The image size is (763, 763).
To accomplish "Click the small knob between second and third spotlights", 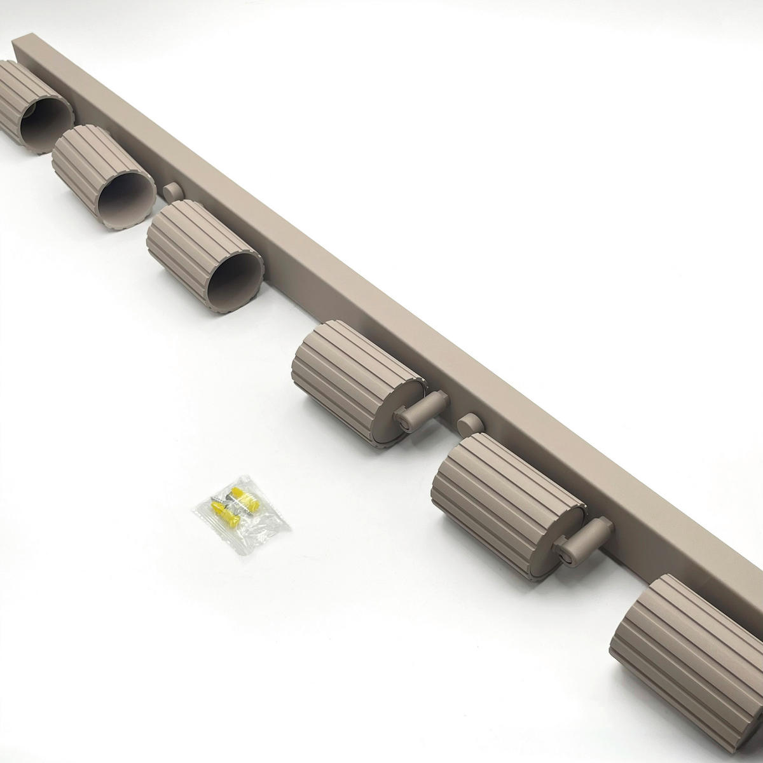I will (172, 191).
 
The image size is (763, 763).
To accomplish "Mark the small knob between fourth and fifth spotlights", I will (469, 421).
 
